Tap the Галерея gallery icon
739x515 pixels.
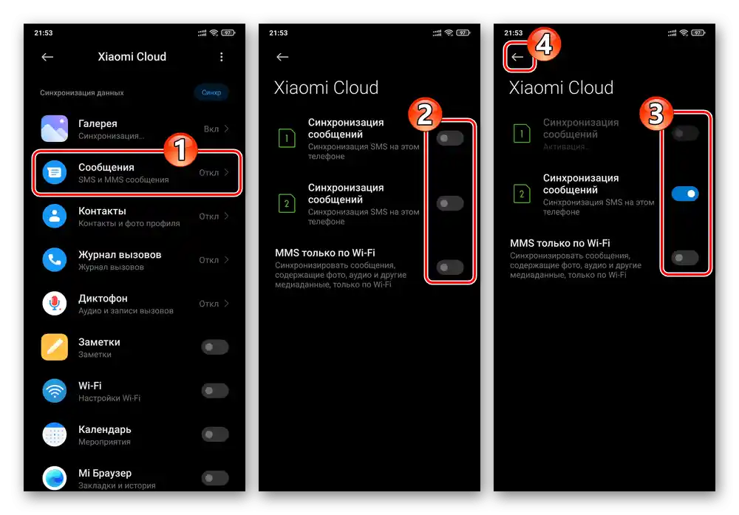click(54, 128)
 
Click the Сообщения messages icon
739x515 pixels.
click(54, 172)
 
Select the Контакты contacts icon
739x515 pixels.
click(54, 216)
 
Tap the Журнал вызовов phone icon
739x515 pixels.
click(54, 259)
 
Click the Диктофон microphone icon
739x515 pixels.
click(54, 304)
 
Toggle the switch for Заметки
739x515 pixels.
click(215, 347)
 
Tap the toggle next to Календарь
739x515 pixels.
click(215, 434)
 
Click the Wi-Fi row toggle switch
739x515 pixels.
click(215, 391)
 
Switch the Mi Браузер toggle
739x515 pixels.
click(215, 478)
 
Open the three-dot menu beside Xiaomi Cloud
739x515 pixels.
click(222, 57)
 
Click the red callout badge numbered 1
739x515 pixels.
click(180, 150)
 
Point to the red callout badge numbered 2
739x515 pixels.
click(425, 115)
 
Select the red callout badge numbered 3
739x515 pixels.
click(656, 114)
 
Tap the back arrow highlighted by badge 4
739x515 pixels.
click(517, 57)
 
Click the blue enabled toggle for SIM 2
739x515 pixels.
click(685, 194)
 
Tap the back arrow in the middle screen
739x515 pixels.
click(282, 57)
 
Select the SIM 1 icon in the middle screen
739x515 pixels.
click(287, 138)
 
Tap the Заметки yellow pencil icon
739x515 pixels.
click(54, 347)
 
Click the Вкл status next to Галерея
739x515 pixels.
click(211, 129)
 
